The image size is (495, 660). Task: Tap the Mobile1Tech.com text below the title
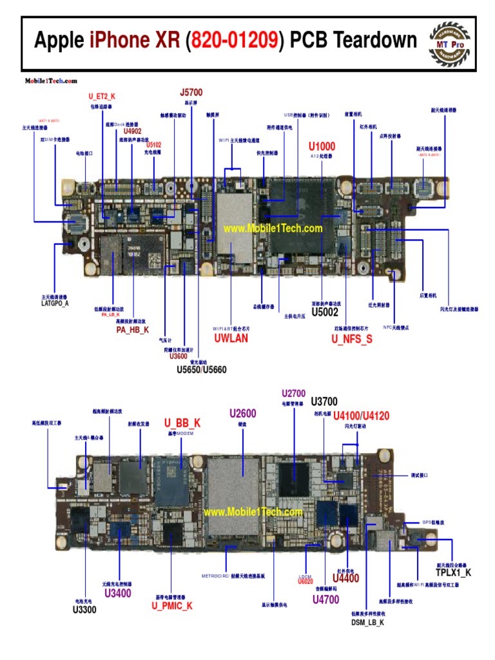point(51,81)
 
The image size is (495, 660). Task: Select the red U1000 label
point(322,146)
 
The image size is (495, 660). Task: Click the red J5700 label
point(191,93)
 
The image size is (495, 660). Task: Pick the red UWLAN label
point(231,338)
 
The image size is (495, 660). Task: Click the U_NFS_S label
point(352,338)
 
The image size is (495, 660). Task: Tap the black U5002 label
point(325,313)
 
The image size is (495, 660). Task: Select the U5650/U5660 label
point(202,370)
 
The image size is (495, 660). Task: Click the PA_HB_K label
point(133,330)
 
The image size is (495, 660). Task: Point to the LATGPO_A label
point(55,303)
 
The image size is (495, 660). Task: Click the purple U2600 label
point(243,413)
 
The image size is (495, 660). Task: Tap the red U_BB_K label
point(182,423)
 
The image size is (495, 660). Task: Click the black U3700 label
point(324,402)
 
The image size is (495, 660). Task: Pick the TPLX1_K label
point(453,572)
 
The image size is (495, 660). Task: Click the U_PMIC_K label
point(172,606)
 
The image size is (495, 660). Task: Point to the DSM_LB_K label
point(367,623)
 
